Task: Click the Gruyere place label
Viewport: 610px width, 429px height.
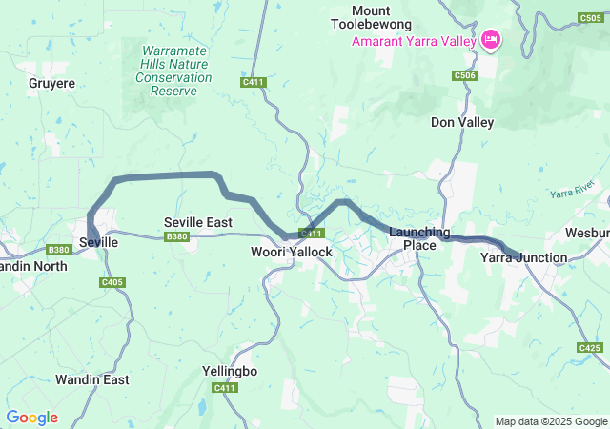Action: coord(51,83)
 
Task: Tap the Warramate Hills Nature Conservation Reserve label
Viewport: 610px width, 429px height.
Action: coord(173,71)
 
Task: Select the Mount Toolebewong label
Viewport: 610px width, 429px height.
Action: coord(371,16)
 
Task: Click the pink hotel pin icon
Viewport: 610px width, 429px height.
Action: coord(492,39)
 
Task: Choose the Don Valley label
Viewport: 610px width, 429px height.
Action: coord(462,122)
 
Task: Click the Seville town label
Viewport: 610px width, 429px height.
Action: coord(98,243)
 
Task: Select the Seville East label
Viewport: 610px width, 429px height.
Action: coord(198,221)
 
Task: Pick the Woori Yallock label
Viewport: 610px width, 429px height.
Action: coord(291,252)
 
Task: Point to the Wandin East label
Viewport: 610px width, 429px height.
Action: coord(91,379)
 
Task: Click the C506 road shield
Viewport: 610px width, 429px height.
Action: coord(465,75)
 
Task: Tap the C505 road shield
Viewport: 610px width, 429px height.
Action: coord(591,18)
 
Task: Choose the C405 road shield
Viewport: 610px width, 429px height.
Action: coord(112,282)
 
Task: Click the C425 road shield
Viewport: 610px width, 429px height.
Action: coord(589,349)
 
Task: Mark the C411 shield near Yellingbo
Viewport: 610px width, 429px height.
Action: coord(225,387)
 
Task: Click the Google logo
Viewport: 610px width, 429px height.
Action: coord(31,418)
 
